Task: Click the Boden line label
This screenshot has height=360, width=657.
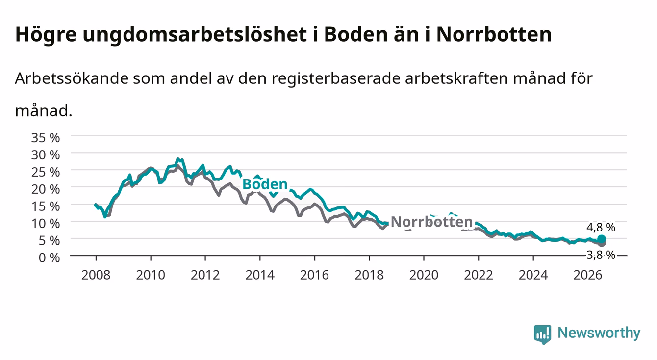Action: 265,184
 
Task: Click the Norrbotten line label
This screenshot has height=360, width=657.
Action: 432,222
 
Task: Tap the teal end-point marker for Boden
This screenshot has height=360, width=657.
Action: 602,239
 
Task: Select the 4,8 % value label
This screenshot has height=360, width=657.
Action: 601,227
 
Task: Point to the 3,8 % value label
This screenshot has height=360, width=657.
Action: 601,255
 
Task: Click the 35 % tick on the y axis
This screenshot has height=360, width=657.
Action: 46,138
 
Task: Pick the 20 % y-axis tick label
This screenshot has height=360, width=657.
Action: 46,189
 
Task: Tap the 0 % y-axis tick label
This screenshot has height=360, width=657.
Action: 49,257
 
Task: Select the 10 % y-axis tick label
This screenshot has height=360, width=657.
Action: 46,224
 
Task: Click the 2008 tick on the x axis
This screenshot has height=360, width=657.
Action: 96,275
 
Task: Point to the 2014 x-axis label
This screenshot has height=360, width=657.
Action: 260,275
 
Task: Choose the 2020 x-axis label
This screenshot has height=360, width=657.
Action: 424,275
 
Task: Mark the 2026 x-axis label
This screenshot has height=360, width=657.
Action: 588,275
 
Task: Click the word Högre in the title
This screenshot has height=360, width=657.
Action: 46,35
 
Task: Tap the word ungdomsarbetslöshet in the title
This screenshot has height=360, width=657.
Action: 195,35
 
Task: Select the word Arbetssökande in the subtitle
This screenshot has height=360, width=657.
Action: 72,78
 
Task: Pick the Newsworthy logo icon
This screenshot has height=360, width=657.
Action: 543,334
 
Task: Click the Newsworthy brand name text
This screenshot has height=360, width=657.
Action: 599,333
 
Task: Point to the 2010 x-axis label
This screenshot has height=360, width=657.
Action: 151,275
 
